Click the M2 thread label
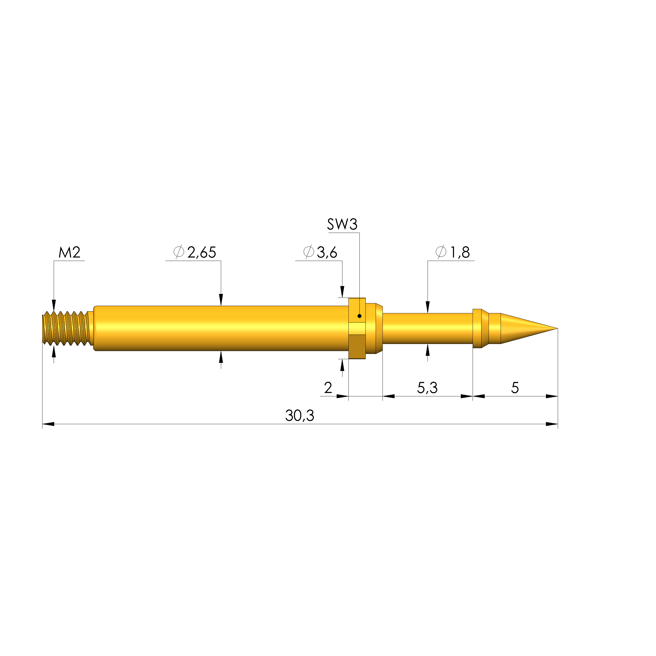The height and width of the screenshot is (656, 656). (x=69, y=253)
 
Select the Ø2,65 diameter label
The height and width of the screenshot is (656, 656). (x=195, y=253)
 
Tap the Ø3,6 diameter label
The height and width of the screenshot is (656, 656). (x=320, y=253)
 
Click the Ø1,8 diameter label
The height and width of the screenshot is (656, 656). (x=453, y=253)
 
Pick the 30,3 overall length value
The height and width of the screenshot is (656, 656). (x=299, y=416)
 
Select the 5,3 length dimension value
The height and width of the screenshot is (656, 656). (x=427, y=388)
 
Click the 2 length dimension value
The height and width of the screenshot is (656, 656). (x=328, y=388)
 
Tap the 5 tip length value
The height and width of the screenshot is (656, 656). (x=515, y=388)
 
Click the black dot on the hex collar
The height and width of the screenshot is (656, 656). (x=359, y=316)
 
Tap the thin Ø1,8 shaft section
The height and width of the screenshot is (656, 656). (x=427, y=328)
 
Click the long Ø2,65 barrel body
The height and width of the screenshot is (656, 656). (x=221, y=328)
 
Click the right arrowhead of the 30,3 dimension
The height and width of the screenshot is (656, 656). (x=552, y=424)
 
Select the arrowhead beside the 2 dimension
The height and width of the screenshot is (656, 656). (x=342, y=396)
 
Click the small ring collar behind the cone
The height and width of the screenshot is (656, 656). (x=477, y=328)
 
